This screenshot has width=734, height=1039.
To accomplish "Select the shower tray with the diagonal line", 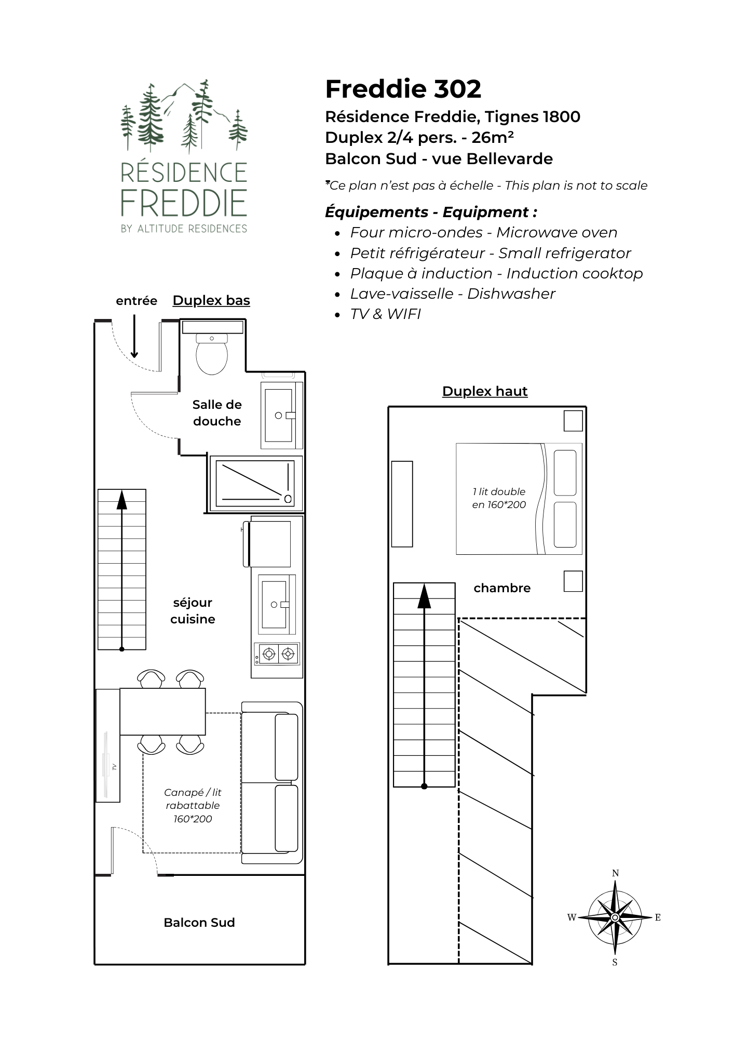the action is click(x=255, y=484).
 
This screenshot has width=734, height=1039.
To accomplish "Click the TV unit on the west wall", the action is click(x=108, y=745).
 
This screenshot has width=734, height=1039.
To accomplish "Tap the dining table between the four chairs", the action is click(x=162, y=712).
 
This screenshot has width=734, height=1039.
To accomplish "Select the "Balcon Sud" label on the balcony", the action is click(x=199, y=923).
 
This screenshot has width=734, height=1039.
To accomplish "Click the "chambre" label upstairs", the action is click(x=502, y=588).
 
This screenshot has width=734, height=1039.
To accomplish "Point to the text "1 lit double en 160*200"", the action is click(x=499, y=498).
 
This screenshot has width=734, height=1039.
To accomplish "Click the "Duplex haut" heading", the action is click(x=485, y=391).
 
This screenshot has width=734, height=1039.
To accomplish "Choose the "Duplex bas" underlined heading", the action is click(x=211, y=301).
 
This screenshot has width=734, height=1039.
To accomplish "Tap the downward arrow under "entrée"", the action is click(x=134, y=336).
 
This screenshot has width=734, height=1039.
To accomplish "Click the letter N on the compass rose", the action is click(x=615, y=873).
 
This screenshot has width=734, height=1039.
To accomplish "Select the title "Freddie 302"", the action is click(x=403, y=89).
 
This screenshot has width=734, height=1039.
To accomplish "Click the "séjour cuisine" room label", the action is click(x=193, y=611).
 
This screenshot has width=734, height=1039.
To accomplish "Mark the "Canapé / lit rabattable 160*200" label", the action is click(x=193, y=806).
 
